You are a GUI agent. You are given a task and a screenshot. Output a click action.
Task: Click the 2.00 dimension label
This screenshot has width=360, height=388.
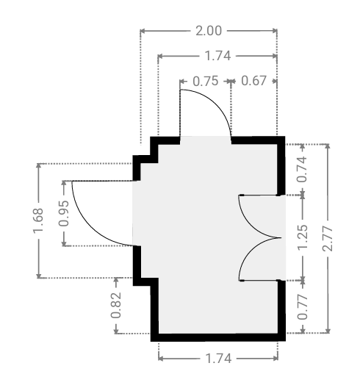click(x=209, y=31)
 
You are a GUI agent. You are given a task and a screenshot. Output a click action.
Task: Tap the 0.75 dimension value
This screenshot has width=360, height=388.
click(x=206, y=81)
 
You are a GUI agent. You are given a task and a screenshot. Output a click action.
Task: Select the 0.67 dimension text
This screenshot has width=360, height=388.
click(x=253, y=81)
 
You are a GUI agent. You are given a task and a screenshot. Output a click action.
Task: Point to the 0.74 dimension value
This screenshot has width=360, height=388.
click(x=303, y=170)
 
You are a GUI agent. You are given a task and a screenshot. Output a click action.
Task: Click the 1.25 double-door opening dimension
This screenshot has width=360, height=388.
click(x=303, y=237)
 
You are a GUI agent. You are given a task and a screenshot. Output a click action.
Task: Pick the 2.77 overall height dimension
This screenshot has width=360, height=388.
click(x=328, y=238)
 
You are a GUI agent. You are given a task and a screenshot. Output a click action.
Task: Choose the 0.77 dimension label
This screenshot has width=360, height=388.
click(x=303, y=306)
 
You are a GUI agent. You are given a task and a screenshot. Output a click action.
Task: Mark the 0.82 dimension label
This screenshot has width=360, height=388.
click(x=116, y=305)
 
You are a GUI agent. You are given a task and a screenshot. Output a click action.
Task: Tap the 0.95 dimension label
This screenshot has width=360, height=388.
click(x=64, y=214)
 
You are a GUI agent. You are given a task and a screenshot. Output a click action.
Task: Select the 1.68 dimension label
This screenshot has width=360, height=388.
click(x=38, y=220)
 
